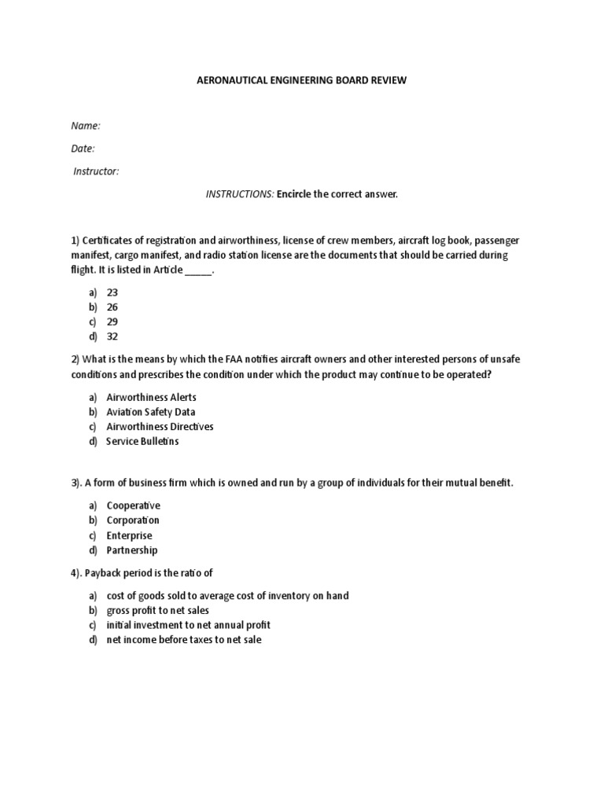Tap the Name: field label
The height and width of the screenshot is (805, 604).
click(86, 126)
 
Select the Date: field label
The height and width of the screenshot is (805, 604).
click(83, 149)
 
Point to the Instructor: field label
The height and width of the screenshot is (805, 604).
click(96, 171)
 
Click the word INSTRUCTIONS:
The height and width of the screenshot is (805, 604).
click(240, 194)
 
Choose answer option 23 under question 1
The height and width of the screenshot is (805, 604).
click(112, 292)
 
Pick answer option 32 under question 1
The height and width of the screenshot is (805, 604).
click(112, 337)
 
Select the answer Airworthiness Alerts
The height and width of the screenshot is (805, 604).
click(152, 397)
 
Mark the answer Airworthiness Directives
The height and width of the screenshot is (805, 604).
click(160, 427)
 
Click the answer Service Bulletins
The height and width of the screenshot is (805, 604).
click(142, 442)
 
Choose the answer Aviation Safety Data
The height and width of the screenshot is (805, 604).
click(151, 412)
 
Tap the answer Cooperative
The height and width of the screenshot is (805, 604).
click(134, 505)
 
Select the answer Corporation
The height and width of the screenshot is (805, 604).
click(133, 520)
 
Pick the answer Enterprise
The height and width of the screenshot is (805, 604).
click(130, 535)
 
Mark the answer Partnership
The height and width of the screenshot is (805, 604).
click(132, 550)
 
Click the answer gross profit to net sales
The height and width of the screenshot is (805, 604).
click(158, 610)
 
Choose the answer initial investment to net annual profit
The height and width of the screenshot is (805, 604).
click(189, 625)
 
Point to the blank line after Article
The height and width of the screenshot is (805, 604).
click(198, 270)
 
